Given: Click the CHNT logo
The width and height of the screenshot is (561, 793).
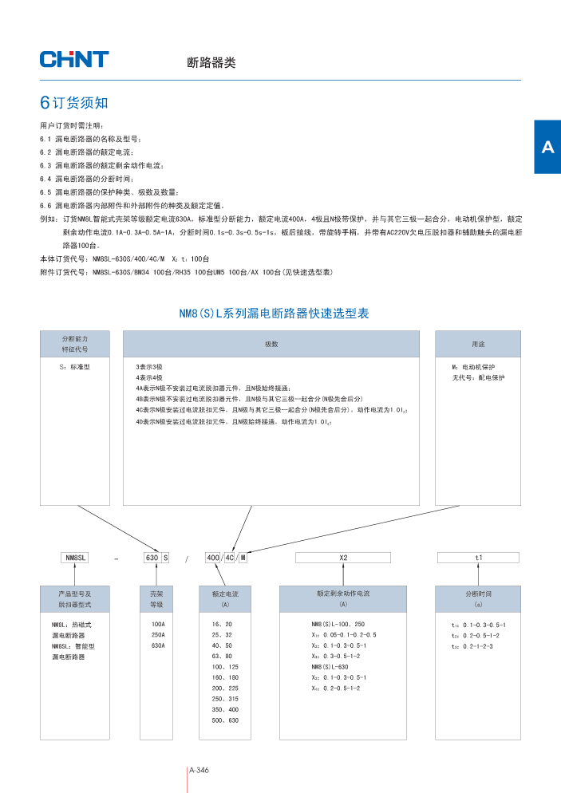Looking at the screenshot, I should click(74, 59).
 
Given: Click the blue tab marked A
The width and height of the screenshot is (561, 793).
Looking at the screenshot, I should click(547, 148).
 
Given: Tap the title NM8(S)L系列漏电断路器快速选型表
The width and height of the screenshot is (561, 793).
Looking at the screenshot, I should click(274, 314).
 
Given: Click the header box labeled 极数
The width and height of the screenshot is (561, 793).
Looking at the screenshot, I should click(271, 344).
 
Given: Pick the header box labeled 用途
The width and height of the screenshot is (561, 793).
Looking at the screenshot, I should click(478, 344).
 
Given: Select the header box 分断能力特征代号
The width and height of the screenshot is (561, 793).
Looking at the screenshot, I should click(75, 344).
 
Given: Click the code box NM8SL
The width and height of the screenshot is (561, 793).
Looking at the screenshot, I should click(75, 558).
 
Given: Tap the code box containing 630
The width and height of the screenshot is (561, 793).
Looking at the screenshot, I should click(152, 558).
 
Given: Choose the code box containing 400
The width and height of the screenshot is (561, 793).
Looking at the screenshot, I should click(213, 558).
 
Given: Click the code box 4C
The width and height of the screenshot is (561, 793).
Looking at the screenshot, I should click(230, 558).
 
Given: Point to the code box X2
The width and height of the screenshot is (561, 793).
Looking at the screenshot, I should click(343, 558).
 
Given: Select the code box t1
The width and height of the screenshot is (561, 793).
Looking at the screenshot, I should click(479, 558).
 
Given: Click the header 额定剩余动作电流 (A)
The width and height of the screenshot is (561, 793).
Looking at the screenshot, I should click(343, 599).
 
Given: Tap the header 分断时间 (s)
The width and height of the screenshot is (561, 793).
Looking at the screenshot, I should click(479, 599).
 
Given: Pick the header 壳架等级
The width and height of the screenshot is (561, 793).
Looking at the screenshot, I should click(157, 599).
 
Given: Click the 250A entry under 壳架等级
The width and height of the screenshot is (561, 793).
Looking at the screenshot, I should click(158, 635).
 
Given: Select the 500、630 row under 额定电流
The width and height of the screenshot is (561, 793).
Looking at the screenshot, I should click(224, 720).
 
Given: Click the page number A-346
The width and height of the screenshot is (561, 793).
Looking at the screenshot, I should click(199, 770).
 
